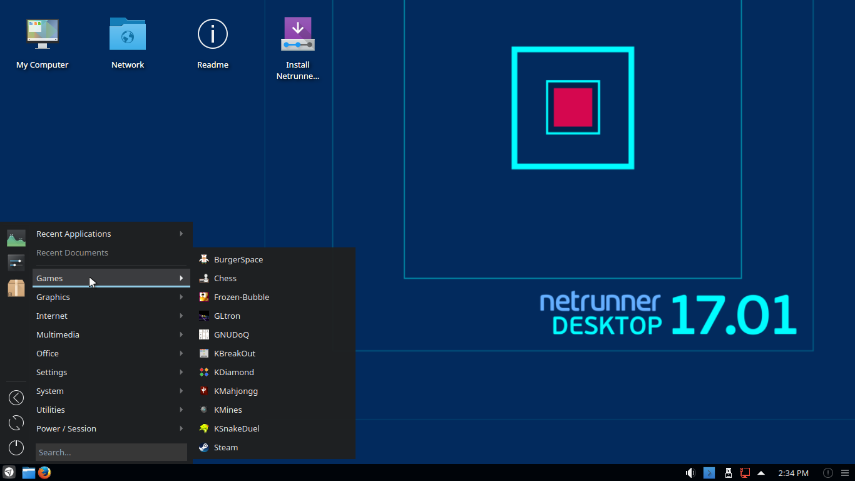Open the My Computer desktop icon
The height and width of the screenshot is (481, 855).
pyautogui.click(x=43, y=34)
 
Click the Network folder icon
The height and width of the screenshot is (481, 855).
pyautogui.click(x=128, y=34)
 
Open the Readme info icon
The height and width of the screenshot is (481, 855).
pyautogui.click(x=213, y=34)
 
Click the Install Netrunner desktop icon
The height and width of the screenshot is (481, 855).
pyautogui.click(x=298, y=34)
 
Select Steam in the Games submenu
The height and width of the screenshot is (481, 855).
pyautogui.click(x=226, y=447)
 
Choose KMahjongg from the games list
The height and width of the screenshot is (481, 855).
pyautogui.click(x=236, y=391)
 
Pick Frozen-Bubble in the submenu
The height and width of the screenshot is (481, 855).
pyautogui.click(x=242, y=297)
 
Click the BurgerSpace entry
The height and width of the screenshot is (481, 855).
pyautogui.click(x=238, y=259)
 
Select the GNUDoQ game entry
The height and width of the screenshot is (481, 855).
pyautogui.click(x=232, y=334)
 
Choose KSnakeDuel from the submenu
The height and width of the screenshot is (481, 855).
pyautogui.click(x=237, y=428)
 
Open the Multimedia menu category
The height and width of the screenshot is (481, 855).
pyautogui.click(x=58, y=334)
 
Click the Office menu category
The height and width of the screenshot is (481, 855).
pyautogui.click(x=48, y=353)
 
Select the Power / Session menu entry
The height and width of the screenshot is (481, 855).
pyautogui.click(x=66, y=428)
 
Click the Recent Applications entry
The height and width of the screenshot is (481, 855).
pyautogui.click(x=74, y=234)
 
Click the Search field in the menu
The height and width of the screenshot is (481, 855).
pyautogui.click(x=111, y=452)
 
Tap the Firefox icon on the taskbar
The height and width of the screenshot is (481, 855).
pyautogui.click(x=44, y=473)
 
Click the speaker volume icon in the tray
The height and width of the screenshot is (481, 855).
pyautogui.click(x=690, y=473)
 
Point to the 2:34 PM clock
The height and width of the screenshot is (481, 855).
pyautogui.click(x=793, y=473)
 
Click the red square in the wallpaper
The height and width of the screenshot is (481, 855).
pyautogui.click(x=573, y=107)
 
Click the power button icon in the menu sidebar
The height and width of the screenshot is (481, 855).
pyautogui.click(x=16, y=447)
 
